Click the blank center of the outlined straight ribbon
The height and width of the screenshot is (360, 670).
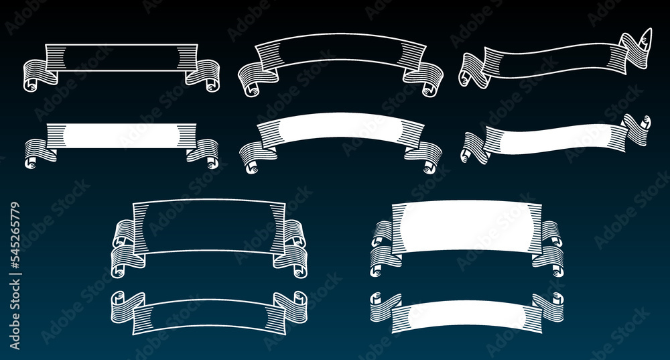click(121, 57)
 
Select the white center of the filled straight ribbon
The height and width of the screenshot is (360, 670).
click(121, 135)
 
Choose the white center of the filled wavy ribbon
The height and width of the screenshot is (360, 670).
click(555, 138)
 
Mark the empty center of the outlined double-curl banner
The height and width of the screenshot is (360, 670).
click(209, 226)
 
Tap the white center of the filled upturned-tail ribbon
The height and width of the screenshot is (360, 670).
click(466, 314)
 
